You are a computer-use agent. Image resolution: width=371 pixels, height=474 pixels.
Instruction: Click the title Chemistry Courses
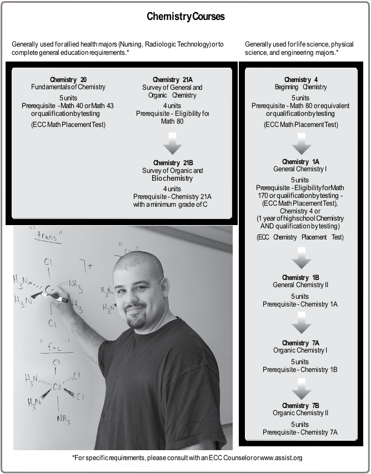[x=185, y=17]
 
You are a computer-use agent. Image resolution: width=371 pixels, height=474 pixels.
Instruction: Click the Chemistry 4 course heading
[x=300, y=80]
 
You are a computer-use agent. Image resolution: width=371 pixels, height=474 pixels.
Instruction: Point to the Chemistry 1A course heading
[x=300, y=161]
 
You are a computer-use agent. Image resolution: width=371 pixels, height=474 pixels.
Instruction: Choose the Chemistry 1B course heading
[x=300, y=278]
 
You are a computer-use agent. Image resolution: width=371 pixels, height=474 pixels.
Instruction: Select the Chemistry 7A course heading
[x=300, y=343]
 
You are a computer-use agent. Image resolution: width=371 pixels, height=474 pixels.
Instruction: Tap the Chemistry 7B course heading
[x=300, y=406]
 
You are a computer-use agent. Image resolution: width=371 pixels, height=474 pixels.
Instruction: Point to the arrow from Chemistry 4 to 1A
[x=301, y=144]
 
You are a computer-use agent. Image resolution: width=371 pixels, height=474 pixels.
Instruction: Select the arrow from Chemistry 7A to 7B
[x=301, y=389]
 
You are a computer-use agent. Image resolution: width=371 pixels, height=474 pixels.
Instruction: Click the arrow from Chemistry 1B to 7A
[x=301, y=325]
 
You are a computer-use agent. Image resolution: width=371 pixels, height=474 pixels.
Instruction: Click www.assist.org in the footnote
[x=281, y=458]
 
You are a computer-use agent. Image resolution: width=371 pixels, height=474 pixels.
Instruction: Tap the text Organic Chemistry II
[x=300, y=413]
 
